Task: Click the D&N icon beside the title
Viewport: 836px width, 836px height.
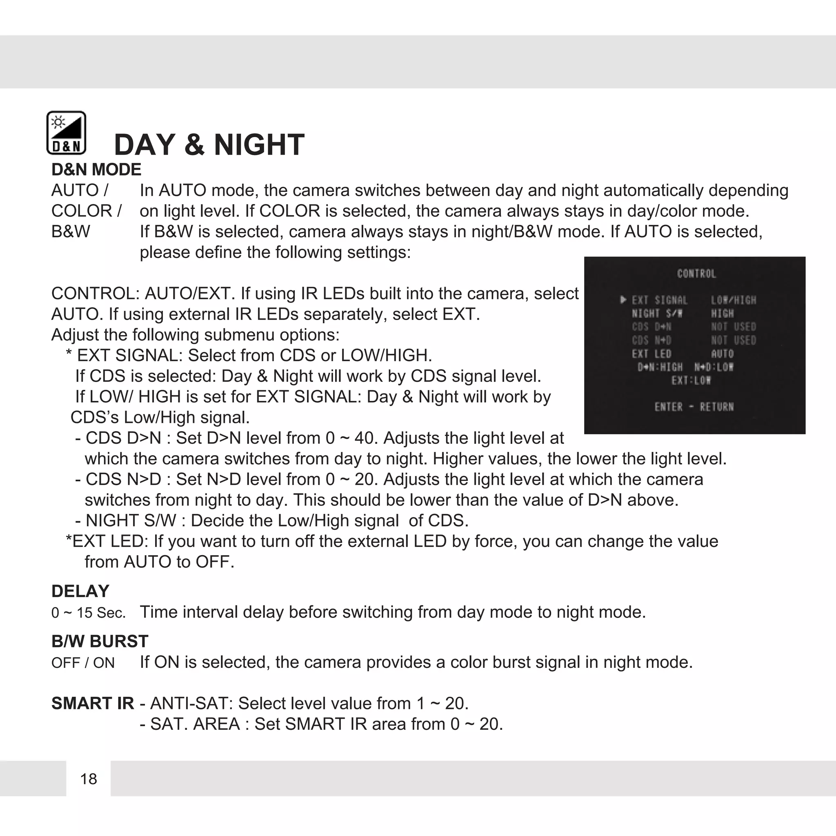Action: [66, 133]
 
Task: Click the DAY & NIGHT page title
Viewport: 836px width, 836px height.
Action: [209, 145]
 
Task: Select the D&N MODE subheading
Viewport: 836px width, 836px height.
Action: [96, 170]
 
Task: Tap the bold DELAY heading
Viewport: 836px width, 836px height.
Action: [80, 591]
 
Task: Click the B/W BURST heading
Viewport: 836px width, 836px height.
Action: [100, 641]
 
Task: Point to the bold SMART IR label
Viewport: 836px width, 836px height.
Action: [92, 703]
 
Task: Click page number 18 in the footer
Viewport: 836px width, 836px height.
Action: [88, 779]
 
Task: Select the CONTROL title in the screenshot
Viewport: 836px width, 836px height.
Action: [696, 273]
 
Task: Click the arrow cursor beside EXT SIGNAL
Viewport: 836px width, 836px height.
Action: [623, 300]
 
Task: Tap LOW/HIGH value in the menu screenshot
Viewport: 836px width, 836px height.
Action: [734, 300]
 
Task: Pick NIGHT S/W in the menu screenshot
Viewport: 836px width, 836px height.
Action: [657, 313]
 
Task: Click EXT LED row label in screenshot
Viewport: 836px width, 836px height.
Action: [651, 354]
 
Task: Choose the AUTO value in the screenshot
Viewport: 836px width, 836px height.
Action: [722, 354]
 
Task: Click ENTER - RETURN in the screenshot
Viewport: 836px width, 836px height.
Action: [694, 407]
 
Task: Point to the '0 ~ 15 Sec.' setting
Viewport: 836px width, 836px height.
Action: [88, 613]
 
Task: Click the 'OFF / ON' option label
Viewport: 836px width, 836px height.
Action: [82, 663]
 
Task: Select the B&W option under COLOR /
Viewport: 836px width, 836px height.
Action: [71, 231]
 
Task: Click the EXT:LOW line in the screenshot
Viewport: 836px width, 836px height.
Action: [691, 380]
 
